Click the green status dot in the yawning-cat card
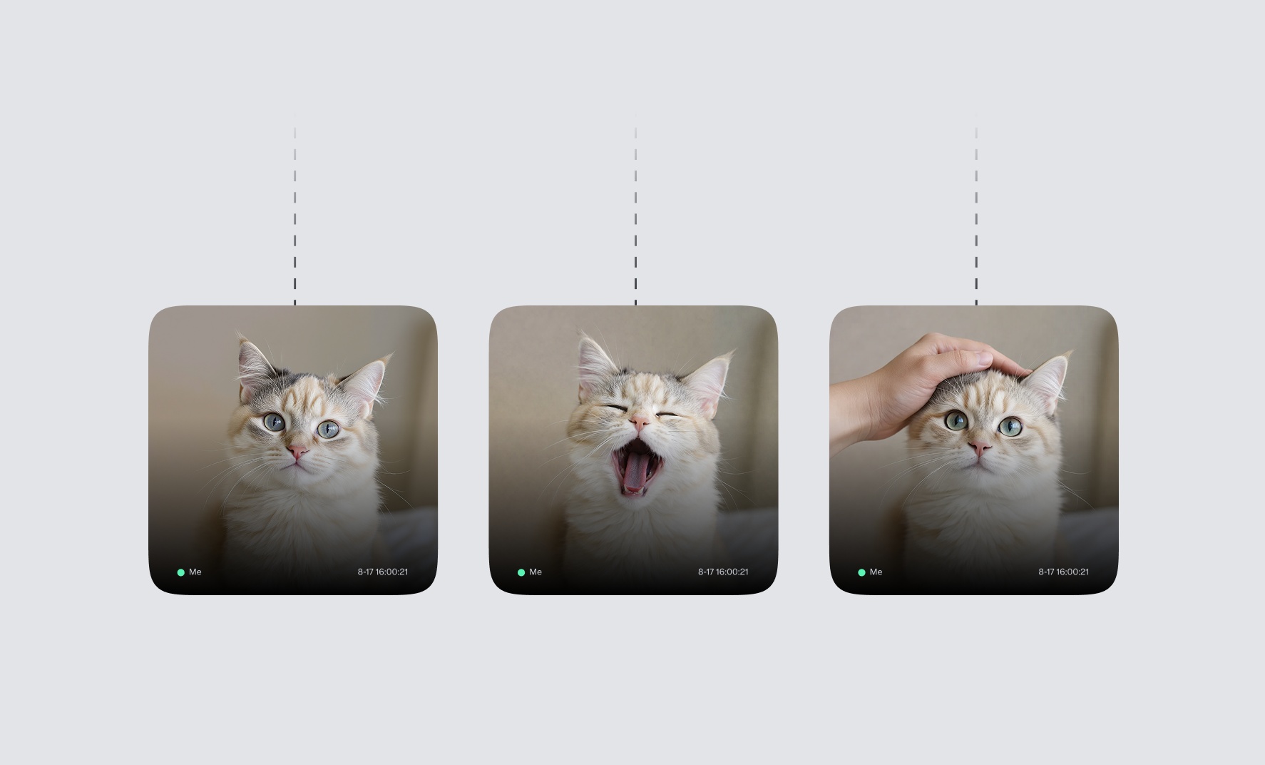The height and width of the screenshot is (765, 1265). pos(521,572)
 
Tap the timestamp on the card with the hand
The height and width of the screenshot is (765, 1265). pos(1063,572)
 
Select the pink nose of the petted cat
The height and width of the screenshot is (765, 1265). pos(981,448)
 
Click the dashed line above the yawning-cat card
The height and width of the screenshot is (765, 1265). pos(635,214)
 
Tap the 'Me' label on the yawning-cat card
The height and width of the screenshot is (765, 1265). pos(536,572)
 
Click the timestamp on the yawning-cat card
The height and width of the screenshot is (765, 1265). pos(723,572)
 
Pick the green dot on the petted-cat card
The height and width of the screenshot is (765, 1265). pos(861,572)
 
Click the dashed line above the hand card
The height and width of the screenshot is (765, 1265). pos(976,214)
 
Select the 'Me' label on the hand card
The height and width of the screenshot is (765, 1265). pos(876,572)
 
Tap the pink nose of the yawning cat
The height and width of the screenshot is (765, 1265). pos(640,424)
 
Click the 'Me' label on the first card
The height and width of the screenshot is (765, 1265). pos(195,572)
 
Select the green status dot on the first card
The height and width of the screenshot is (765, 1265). pos(181,572)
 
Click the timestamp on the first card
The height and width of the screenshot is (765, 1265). pos(383,572)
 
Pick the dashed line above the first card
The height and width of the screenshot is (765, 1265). pos(295,214)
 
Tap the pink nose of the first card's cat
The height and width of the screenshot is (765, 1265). pos(298,451)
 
